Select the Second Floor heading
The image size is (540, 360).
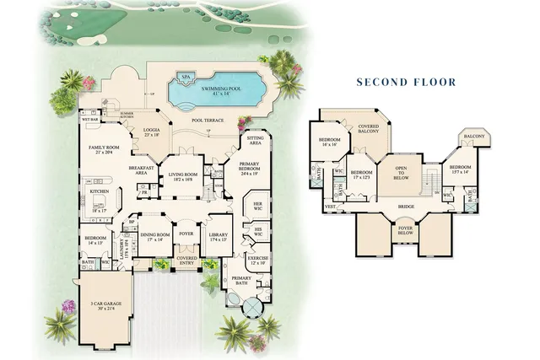(x=406, y=82)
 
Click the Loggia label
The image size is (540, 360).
(x=152, y=132)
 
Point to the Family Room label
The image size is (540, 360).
(x=103, y=151)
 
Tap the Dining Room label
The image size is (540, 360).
(x=154, y=237)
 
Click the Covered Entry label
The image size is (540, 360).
(x=186, y=261)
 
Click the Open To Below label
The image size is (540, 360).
(x=401, y=174)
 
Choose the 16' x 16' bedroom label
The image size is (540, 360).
(x=329, y=142)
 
